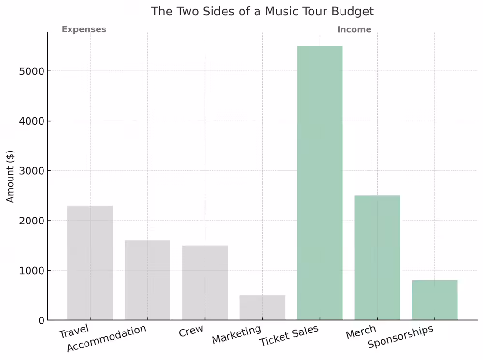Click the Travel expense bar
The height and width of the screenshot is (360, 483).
point(90,263)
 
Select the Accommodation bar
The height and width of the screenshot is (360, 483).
point(147,280)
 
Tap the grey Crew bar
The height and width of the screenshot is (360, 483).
point(205,283)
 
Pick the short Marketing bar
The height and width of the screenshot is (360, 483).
point(262,308)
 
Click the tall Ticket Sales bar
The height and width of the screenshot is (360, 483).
point(320,183)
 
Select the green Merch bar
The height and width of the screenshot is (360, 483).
point(377,258)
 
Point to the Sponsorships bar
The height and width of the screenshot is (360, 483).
point(435,300)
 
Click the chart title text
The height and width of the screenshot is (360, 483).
point(262,11)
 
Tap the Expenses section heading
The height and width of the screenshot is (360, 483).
point(84,29)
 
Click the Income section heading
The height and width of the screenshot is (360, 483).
point(354,30)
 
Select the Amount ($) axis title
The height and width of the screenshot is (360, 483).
point(11,176)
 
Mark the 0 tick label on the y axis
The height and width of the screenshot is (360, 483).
point(41,320)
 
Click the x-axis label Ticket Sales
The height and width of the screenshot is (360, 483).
point(289,335)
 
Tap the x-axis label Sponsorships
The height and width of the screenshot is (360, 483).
point(400,337)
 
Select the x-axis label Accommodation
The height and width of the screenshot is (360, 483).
point(106,339)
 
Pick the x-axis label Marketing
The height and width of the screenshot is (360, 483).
point(237,334)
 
